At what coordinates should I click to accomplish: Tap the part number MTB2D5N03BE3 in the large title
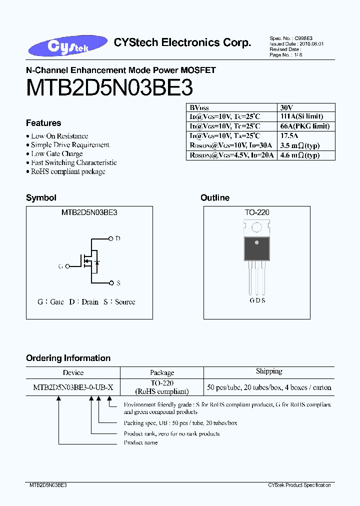109,88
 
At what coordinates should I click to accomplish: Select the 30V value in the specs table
286,107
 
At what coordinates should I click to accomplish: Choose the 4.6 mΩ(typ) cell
299,155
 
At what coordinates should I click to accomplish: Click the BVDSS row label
199,107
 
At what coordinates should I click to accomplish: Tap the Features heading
43,123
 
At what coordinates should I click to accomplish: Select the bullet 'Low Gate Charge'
56,153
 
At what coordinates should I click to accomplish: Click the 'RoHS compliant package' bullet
68,171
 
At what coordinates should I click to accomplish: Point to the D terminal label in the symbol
118,238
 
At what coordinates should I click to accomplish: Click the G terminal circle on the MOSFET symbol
67,266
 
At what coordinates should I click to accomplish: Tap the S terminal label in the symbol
118,283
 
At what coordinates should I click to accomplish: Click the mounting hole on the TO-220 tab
257,228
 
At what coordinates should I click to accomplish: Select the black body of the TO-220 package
257,249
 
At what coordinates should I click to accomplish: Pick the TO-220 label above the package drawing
257,212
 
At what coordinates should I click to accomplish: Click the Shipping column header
269,371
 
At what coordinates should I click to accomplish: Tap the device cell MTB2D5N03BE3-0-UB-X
73,387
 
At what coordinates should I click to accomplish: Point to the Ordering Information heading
68,358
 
